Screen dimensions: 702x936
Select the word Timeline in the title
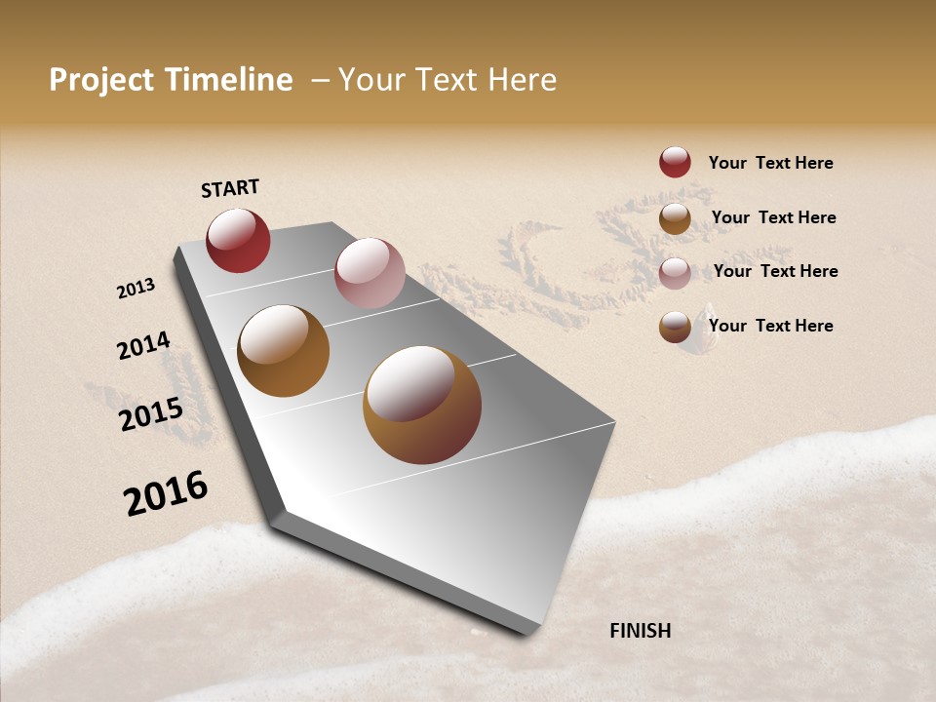226,80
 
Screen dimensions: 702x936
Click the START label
230,188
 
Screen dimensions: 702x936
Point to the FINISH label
641,631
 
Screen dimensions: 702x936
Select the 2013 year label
136,289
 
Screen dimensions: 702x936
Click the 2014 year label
143,345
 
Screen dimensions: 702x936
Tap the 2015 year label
151,414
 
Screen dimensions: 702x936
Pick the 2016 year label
166,492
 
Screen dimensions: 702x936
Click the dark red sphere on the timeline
238,241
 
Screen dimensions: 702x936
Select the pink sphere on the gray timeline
370,273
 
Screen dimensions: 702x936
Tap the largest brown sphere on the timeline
422,405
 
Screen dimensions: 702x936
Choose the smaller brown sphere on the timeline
284,351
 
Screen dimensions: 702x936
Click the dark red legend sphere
675,163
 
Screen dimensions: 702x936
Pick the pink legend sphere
675,273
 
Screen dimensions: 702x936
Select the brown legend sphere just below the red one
675,218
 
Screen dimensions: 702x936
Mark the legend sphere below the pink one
675,327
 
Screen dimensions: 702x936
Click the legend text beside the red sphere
770,163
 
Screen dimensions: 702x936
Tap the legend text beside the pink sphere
775,271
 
